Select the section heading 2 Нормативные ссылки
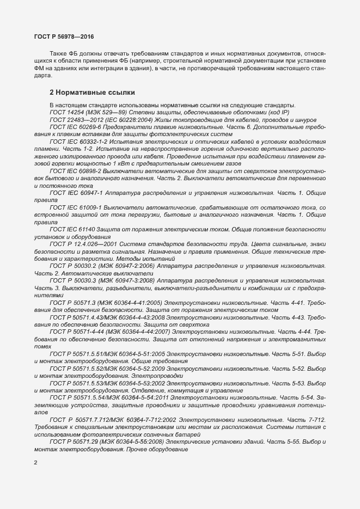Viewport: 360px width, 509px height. [92, 92]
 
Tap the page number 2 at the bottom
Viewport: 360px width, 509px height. [36, 463]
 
